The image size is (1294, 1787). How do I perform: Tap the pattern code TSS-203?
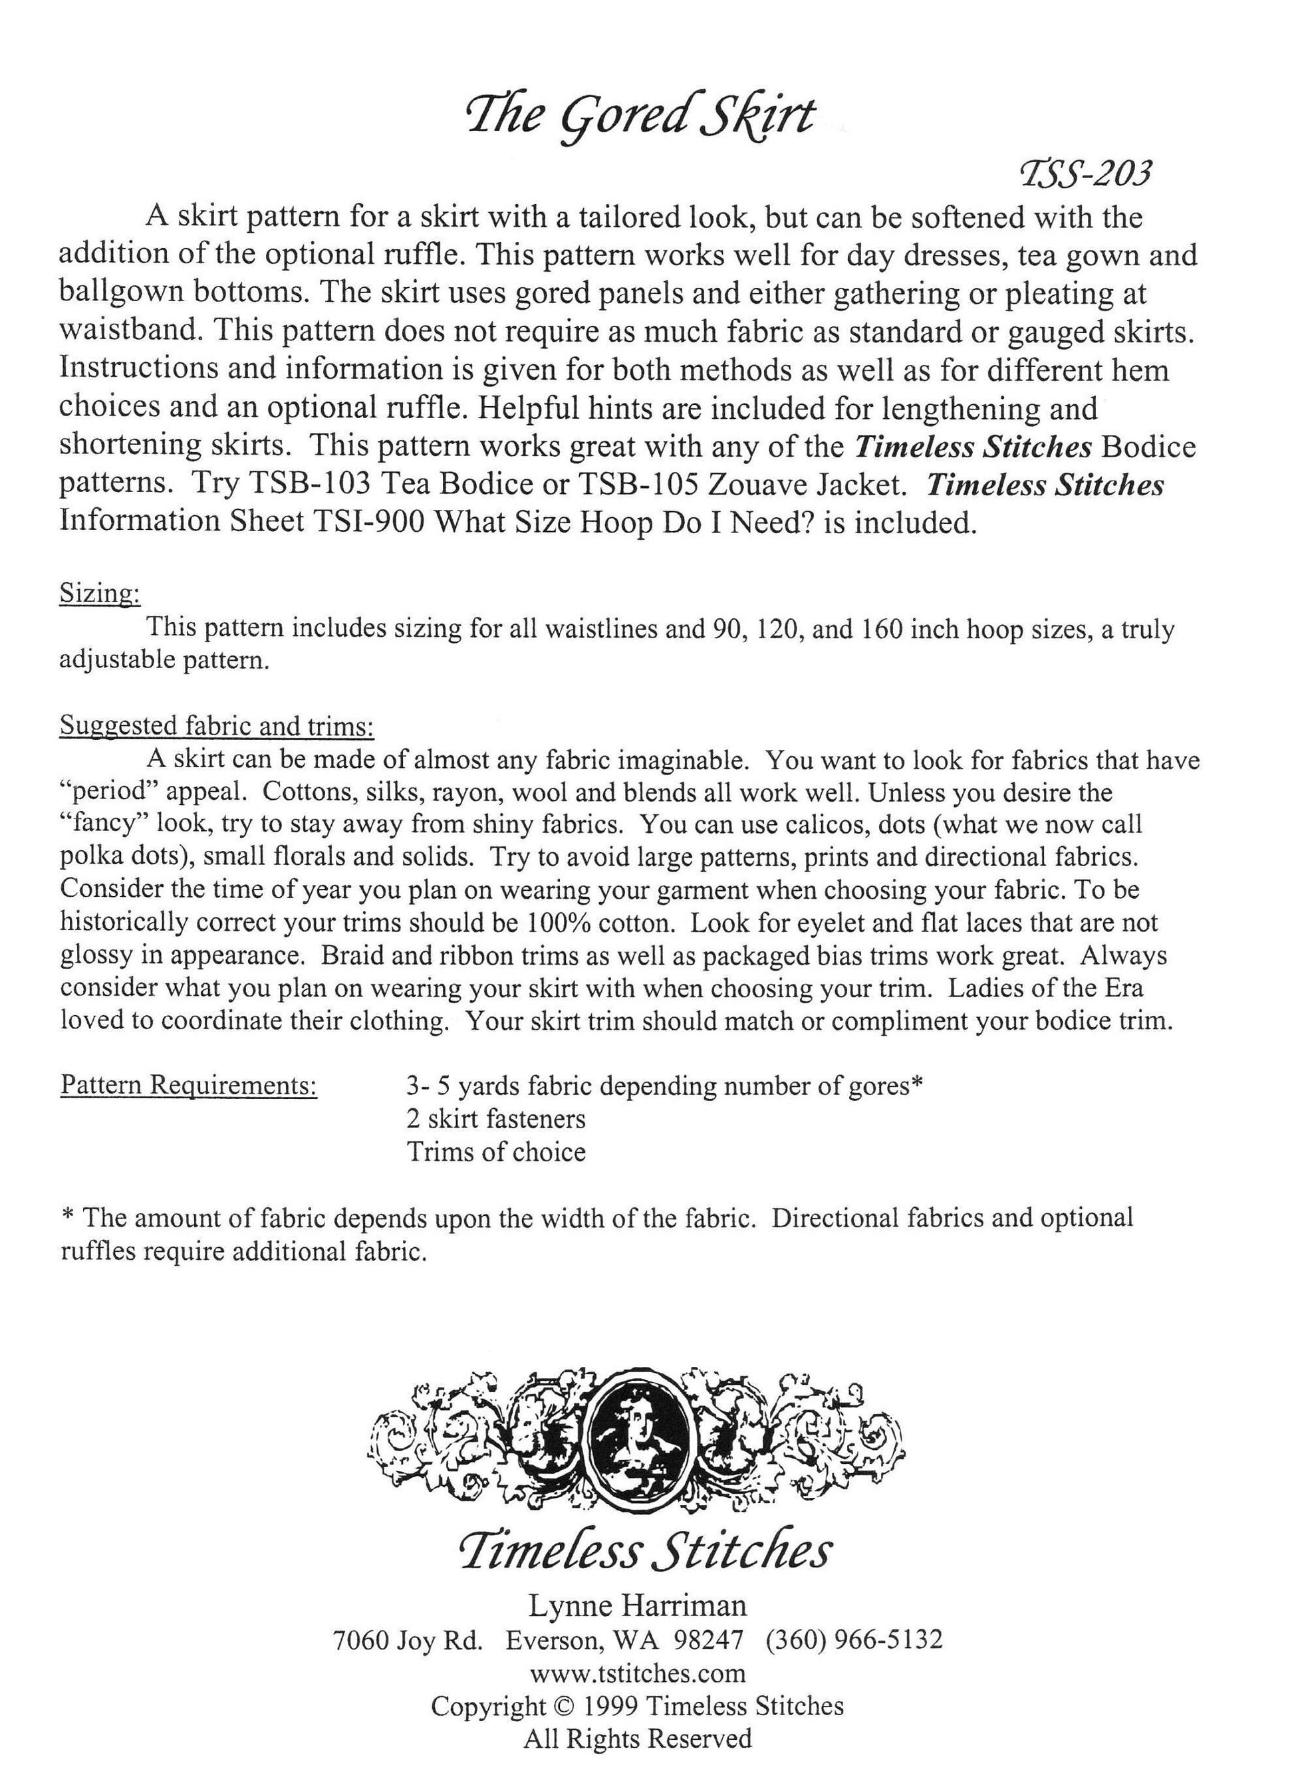tap(1085, 174)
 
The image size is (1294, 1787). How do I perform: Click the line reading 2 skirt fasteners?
tap(495, 1118)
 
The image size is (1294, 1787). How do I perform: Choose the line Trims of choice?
tap(495, 1151)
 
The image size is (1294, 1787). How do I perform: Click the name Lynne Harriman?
tap(637, 1604)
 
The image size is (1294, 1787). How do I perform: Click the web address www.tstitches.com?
tap(638, 1673)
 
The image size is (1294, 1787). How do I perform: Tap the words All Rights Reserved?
tap(638, 1739)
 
